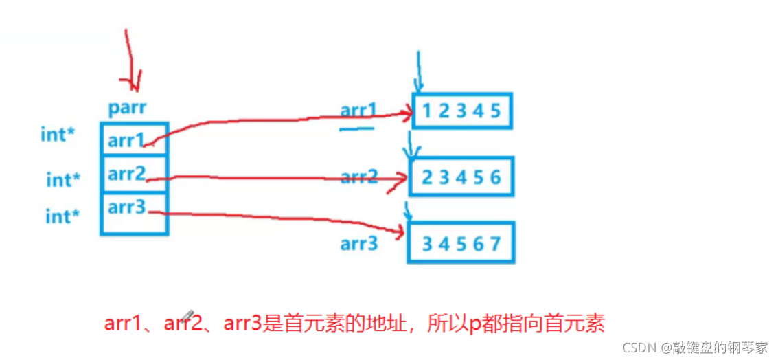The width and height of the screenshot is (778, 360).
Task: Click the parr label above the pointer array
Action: [128, 109]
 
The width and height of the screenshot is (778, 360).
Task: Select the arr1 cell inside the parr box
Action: [126, 140]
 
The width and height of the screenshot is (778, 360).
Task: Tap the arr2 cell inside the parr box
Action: [126, 174]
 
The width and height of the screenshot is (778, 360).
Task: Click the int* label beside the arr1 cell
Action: [58, 134]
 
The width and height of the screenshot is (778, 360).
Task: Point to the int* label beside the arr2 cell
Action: [63, 180]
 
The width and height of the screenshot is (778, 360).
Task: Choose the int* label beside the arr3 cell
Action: [62, 216]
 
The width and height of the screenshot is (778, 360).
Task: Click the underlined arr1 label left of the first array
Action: [358, 111]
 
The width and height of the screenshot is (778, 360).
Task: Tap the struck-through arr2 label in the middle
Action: [359, 177]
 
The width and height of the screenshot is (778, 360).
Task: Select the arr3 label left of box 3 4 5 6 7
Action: [359, 243]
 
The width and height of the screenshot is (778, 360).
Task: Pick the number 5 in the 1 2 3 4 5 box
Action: [495, 111]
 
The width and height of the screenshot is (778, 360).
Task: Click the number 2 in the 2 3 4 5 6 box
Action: [427, 178]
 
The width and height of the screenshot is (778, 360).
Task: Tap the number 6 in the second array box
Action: [496, 178]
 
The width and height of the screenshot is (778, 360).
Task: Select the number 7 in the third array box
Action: [496, 243]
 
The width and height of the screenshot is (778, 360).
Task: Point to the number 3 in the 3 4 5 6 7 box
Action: [427, 243]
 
